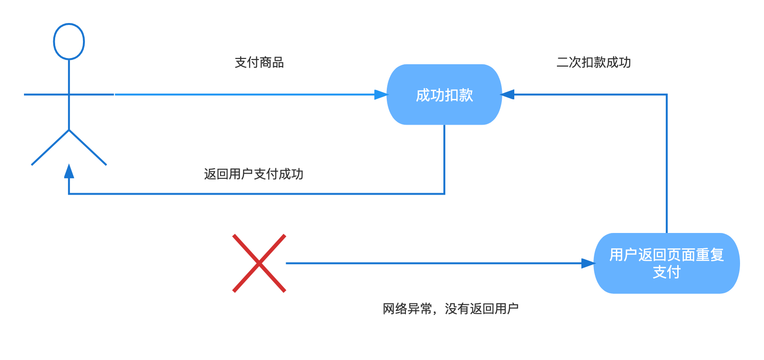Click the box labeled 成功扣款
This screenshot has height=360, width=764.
pos(444,94)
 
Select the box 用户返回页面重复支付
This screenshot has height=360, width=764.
pos(666,263)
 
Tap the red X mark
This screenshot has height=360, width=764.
pos(259,263)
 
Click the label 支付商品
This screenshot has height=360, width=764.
pos(259,62)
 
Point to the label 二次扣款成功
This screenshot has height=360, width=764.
pos(593,62)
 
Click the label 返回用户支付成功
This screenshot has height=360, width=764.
pos(254,174)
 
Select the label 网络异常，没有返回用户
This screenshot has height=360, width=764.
pos(450,309)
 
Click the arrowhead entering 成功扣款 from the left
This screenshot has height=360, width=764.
pos(381,94)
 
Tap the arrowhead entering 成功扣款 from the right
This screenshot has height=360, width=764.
pos(507,94)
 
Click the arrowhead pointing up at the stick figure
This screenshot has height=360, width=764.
pos(69,171)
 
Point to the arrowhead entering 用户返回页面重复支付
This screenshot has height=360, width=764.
pos(589,263)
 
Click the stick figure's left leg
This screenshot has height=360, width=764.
pos(50,148)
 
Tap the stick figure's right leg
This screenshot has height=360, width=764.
pos(88,148)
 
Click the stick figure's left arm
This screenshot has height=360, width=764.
pos(46,94)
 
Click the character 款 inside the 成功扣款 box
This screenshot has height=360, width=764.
pos(466,95)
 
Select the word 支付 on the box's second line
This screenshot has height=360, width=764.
pos(666,272)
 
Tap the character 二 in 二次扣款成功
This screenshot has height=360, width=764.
pos(562,62)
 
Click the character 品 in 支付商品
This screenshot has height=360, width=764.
pos(278,62)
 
